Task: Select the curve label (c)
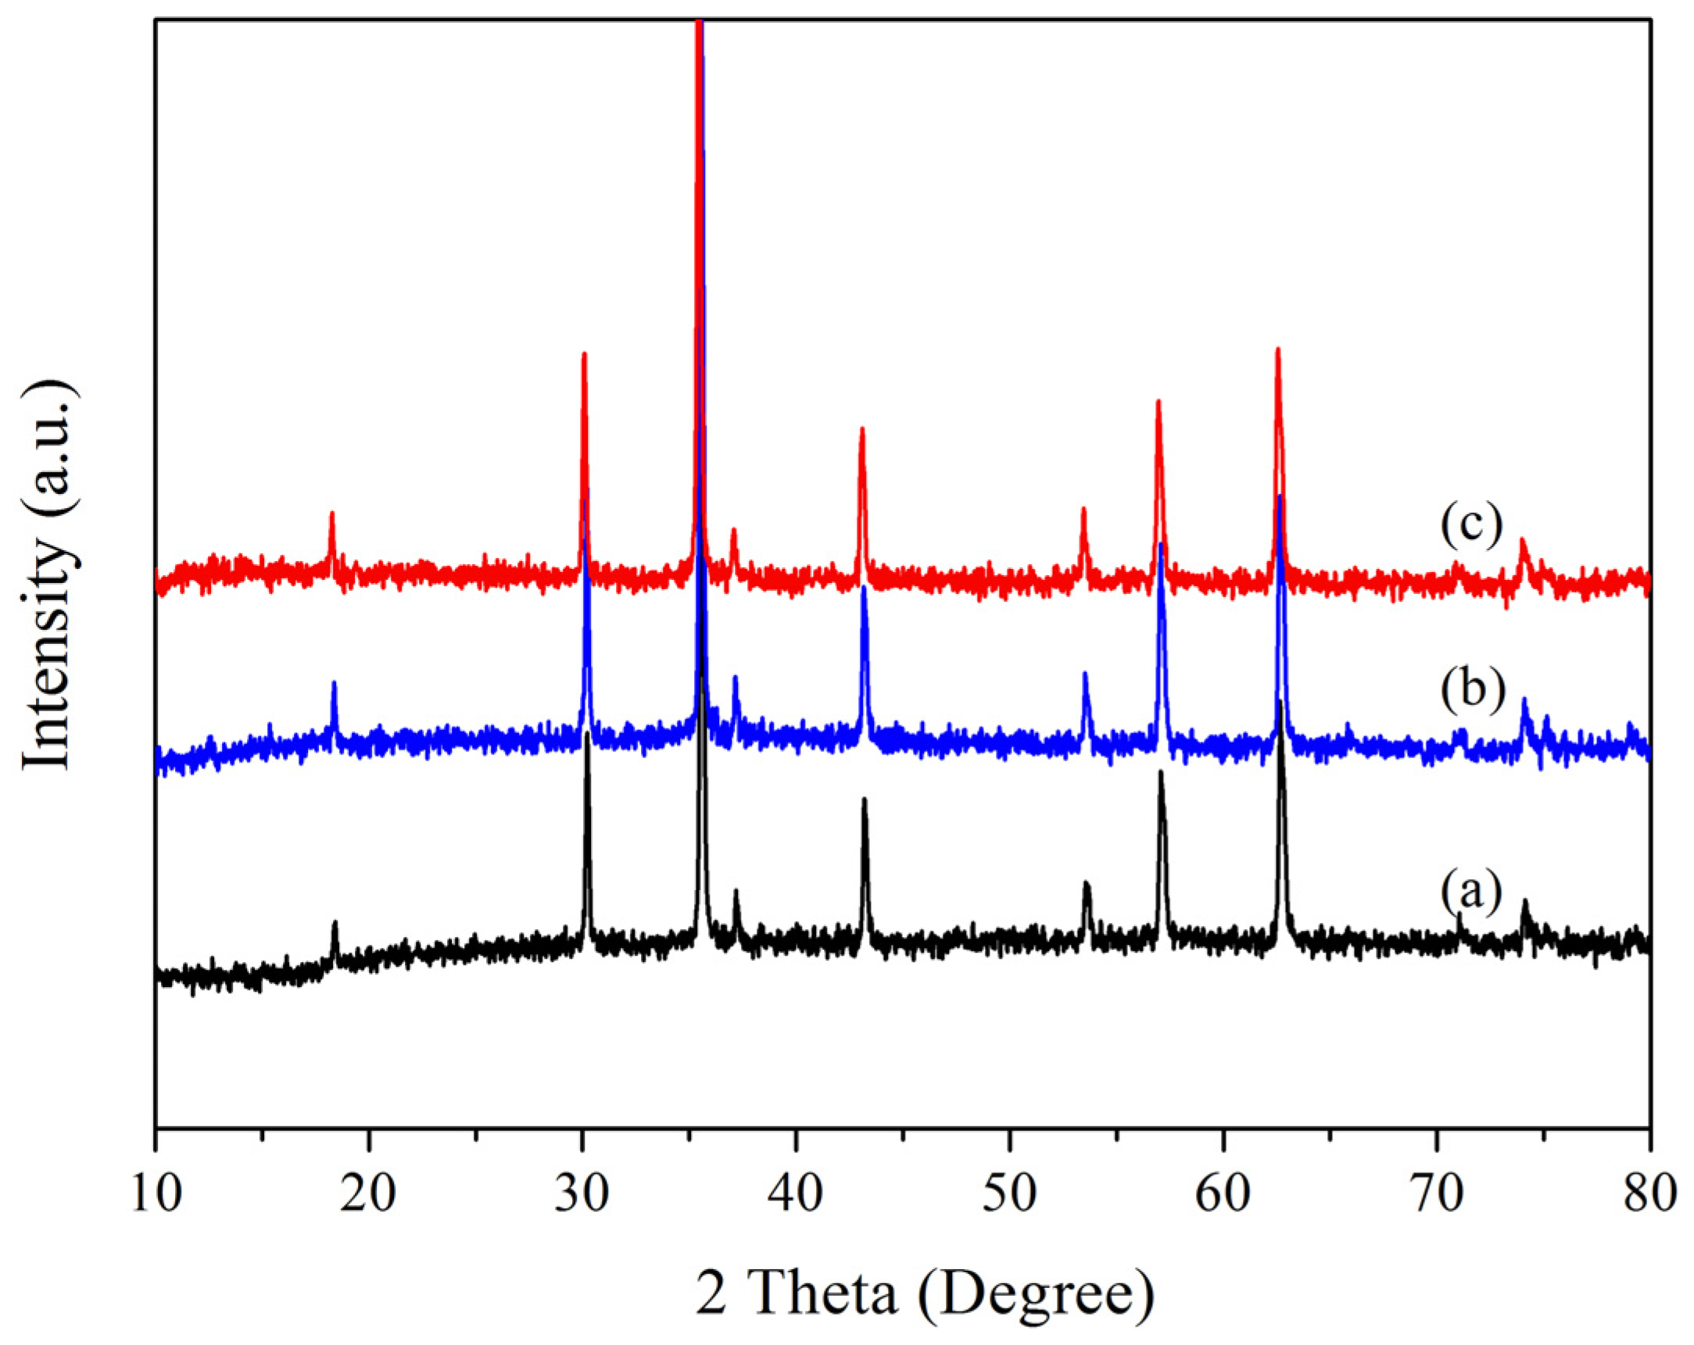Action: pyautogui.click(x=1471, y=525)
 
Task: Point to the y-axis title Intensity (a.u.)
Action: pyautogui.click(x=48, y=577)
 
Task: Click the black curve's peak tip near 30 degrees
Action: pyautogui.click(x=587, y=735)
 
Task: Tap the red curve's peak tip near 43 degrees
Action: pyautogui.click(x=862, y=429)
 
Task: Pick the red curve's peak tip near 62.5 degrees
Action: pyautogui.click(x=1277, y=349)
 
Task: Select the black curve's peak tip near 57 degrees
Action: pyautogui.click(x=1161, y=772)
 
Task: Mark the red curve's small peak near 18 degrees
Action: pyautogui.click(x=331, y=513)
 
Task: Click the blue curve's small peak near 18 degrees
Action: pyautogui.click(x=334, y=683)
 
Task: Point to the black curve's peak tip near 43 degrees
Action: pyautogui.click(x=865, y=799)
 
